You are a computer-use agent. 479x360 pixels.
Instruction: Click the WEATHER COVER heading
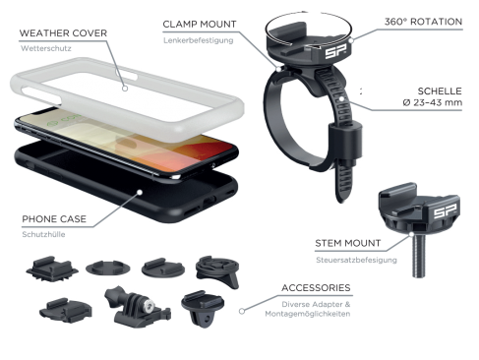click(63, 33)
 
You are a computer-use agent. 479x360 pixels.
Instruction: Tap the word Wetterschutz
click(46, 48)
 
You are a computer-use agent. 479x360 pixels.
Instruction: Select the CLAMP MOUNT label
click(200, 25)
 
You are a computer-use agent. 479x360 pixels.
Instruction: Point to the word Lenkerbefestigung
click(199, 40)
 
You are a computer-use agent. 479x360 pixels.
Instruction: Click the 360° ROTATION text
click(423, 22)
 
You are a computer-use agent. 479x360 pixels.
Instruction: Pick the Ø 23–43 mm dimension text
click(433, 102)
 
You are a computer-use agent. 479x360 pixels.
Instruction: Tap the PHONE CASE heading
click(54, 219)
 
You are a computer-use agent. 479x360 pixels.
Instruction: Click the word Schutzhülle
click(43, 234)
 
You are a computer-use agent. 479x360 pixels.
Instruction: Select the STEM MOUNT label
click(348, 243)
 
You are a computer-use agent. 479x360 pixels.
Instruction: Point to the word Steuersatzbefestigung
click(356, 260)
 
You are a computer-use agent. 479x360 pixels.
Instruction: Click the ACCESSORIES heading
click(316, 288)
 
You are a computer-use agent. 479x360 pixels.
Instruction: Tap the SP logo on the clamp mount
click(333, 53)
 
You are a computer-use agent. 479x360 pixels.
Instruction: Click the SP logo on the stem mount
click(445, 211)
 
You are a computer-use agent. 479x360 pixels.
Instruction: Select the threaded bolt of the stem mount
click(419, 256)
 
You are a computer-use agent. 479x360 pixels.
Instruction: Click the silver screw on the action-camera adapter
click(149, 306)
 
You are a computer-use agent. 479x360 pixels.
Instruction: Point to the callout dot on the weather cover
click(125, 89)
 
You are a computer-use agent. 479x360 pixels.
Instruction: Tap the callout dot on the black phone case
click(140, 192)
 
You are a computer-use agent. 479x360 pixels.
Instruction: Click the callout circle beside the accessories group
click(242, 311)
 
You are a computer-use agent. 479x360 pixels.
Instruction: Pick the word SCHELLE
click(440, 90)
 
